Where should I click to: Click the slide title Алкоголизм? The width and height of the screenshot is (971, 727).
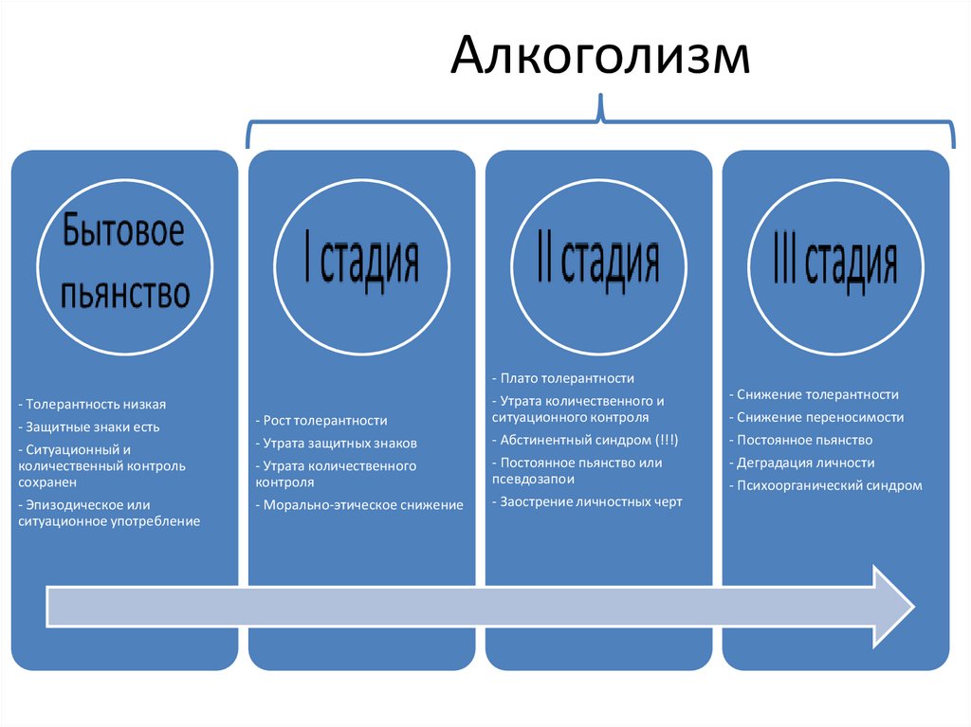pyautogui.click(x=599, y=57)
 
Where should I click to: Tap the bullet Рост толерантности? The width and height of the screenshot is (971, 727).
pyautogui.click(x=322, y=420)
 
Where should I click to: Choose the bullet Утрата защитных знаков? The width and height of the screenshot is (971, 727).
pyautogui.click(x=338, y=443)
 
